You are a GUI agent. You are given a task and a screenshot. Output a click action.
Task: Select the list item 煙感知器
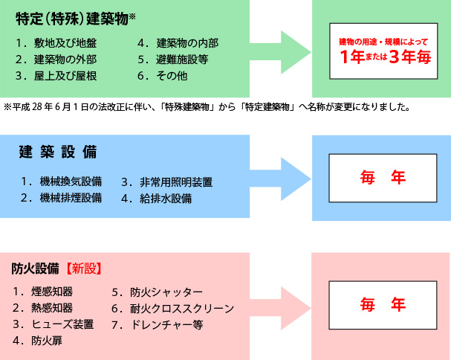point(53,291)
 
